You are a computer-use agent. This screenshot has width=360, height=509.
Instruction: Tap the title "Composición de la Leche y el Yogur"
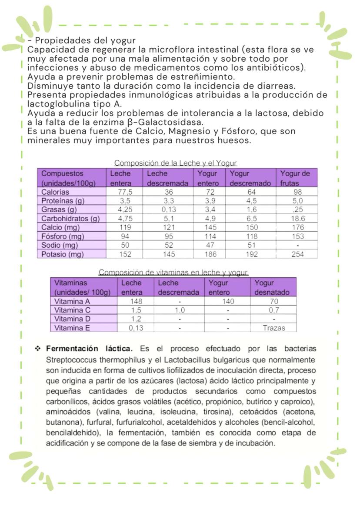pyautogui.click(x=175, y=163)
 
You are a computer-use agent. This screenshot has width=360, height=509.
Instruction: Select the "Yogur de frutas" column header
pyautogui.click(x=295, y=178)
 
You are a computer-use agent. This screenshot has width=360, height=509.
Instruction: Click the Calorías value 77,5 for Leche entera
pyautogui.click(x=125, y=192)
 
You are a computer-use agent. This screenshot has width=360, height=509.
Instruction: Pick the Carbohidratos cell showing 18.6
pyautogui.click(x=297, y=219)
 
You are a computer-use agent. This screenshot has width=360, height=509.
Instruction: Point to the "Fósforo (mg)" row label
pyautogui.click(x=63, y=236)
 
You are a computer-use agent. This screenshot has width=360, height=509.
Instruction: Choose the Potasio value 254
pyautogui.click(x=297, y=254)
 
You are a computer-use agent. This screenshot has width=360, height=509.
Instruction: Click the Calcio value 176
pyautogui.click(x=297, y=227)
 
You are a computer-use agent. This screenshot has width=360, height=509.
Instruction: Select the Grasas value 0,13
pyautogui.click(x=167, y=210)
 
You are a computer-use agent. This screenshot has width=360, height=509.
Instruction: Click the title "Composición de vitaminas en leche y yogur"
pyautogui.click(x=173, y=273)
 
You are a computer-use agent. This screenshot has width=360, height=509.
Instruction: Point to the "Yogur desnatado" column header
pyautogui.click(x=272, y=287)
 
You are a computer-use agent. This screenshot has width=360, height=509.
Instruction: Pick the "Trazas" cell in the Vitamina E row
pyautogui.click(x=274, y=328)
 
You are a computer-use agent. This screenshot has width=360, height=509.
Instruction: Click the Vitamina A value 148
pyautogui.click(x=136, y=301)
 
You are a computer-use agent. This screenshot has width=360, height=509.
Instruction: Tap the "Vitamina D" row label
pyautogui.click(x=72, y=319)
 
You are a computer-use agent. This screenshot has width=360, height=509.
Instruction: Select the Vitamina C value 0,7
pyautogui.click(x=274, y=310)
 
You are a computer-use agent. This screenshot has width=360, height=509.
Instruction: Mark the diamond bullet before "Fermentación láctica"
pyautogui.click(x=38, y=349)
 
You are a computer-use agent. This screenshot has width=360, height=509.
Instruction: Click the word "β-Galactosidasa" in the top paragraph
pyautogui.click(x=171, y=122)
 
